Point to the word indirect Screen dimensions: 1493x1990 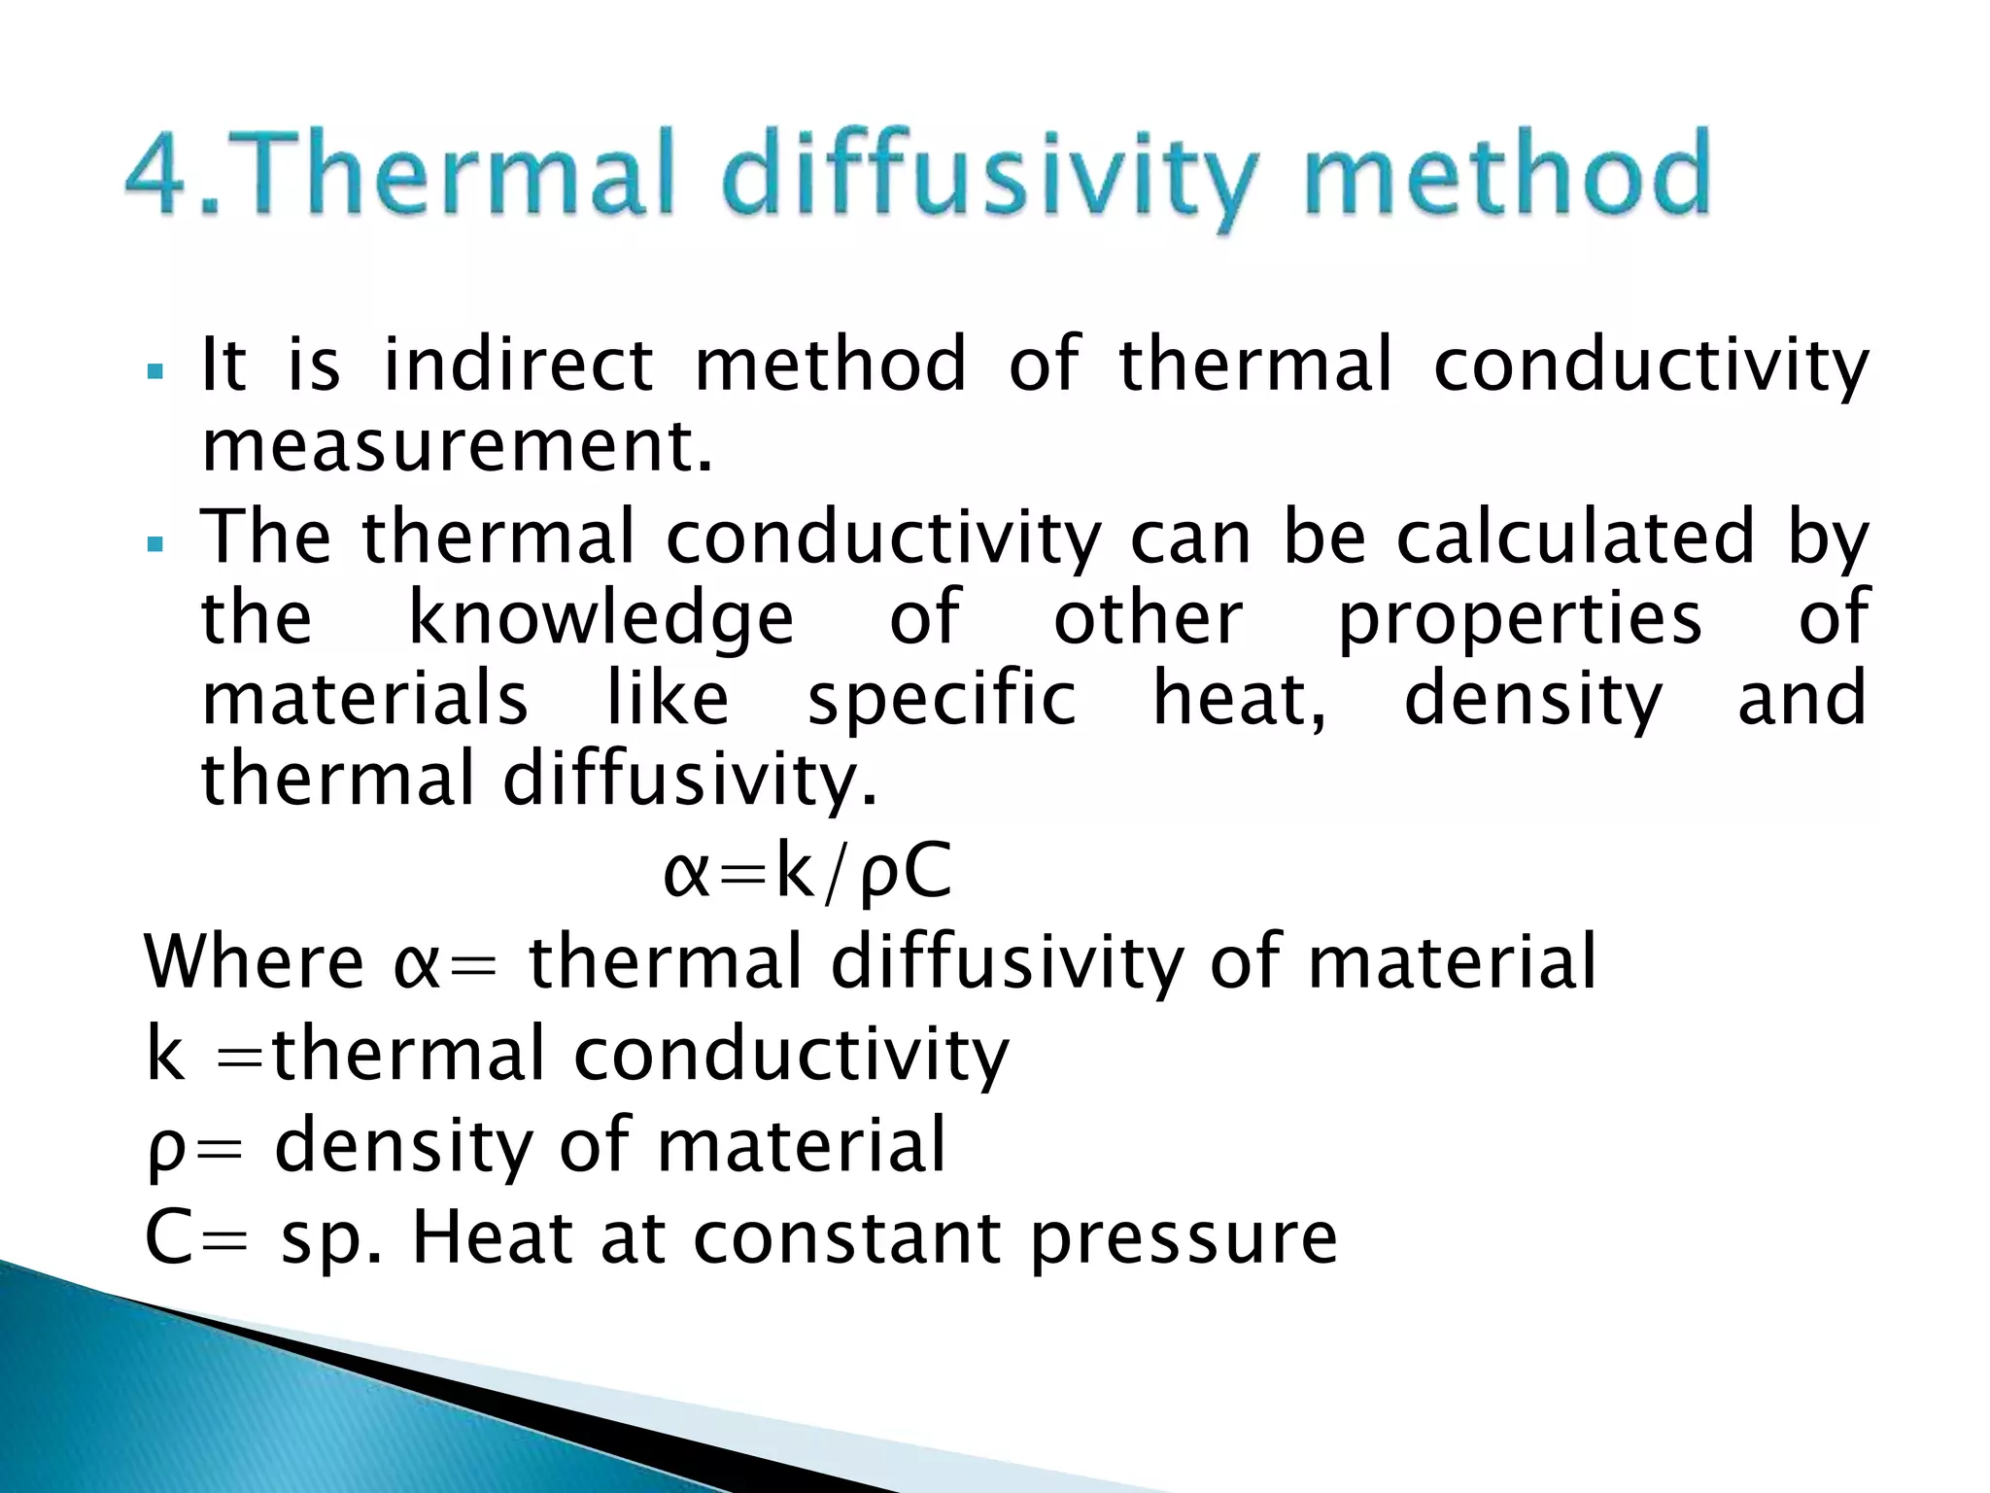(518, 365)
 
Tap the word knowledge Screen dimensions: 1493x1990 (601, 619)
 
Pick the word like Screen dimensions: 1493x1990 (668, 699)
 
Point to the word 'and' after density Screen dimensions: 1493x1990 (1801, 699)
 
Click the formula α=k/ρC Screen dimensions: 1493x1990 (806, 872)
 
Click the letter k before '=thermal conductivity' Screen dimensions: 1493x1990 (165, 1054)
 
